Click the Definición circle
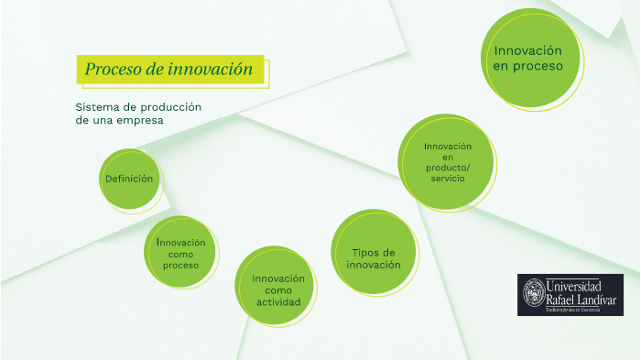[x=129, y=179]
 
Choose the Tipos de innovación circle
[x=374, y=258]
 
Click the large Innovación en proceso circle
[x=528, y=58]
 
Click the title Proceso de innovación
[x=168, y=70]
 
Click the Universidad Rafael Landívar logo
[x=570, y=295]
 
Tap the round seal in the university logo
[x=533, y=293]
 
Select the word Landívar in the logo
[x=594, y=299]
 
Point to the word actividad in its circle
[x=278, y=302]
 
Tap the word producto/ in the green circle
[x=448, y=168]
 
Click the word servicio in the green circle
[x=448, y=178]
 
